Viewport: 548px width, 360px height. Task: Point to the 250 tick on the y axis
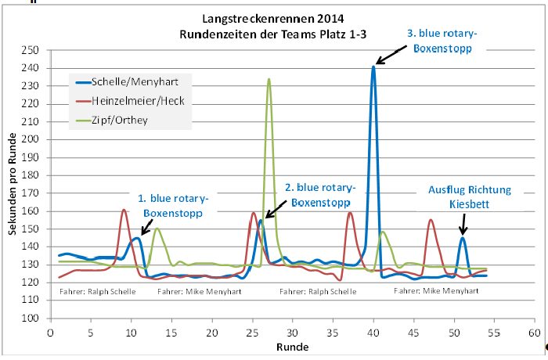coord(31,49)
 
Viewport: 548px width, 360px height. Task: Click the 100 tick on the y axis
coord(31,319)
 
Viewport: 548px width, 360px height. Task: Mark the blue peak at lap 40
coord(373,67)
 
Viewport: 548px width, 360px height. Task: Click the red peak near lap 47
coord(431,220)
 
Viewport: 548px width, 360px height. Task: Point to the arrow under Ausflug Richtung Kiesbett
coord(463,222)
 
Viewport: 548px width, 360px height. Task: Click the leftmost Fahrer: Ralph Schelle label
coord(97,292)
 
